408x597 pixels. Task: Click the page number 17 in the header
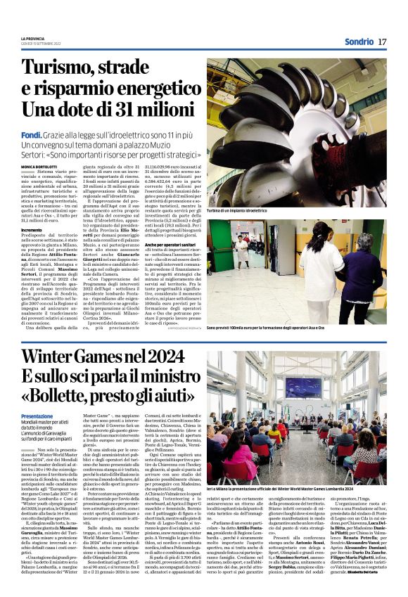click(x=382, y=41)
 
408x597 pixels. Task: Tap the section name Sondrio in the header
click(x=359, y=41)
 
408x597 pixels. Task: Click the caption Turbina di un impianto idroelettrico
click(x=237, y=210)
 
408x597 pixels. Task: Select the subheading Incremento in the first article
click(x=32, y=230)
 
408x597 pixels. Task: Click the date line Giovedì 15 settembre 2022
click(x=43, y=44)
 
